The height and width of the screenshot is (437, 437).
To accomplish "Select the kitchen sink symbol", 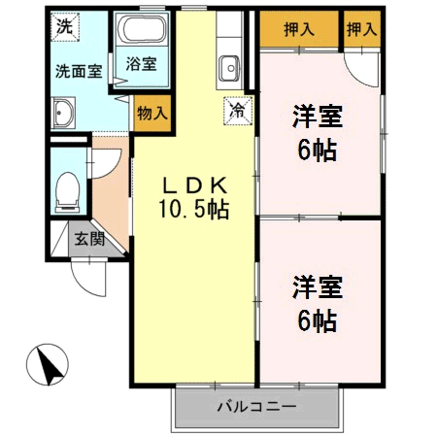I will [230, 70].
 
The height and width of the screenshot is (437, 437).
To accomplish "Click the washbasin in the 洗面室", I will [63, 114].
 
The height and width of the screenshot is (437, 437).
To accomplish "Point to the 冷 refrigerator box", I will [237, 111].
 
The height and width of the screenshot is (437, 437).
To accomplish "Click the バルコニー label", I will [256, 406].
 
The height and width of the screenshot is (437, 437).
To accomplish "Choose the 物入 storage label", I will [153, 113].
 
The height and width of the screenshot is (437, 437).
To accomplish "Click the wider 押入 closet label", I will [298, 29].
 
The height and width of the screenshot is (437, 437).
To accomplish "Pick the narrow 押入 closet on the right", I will [361, 29].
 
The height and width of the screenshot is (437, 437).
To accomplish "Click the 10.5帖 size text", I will [194, 209].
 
